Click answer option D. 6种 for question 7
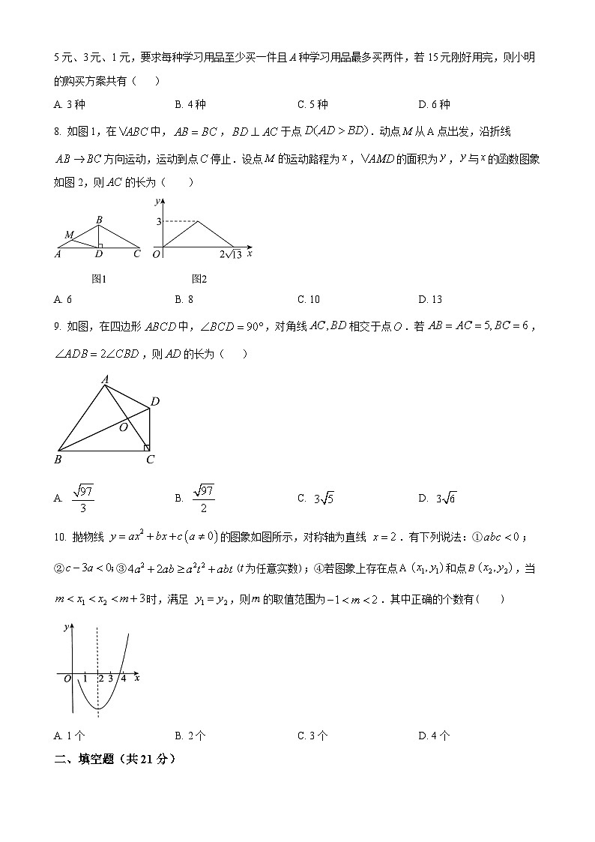(x=434, y=104)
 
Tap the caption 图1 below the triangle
(x=99, y=279)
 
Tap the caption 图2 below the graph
(x=199, y=279)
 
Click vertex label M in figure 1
(x=69, y=235)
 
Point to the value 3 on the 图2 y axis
(x=159, y=221)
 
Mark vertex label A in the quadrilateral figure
(x=105, y=379)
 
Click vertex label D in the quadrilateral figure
(x=154, y=403)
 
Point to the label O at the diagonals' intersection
(x=124, y=427)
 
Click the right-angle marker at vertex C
(x=148, y=448)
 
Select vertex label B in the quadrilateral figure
(x=58, y=460)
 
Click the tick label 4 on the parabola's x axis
(x=123, y=679)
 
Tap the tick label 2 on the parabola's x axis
(x=100, y=679)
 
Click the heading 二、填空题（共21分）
(x=115, y=759)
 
